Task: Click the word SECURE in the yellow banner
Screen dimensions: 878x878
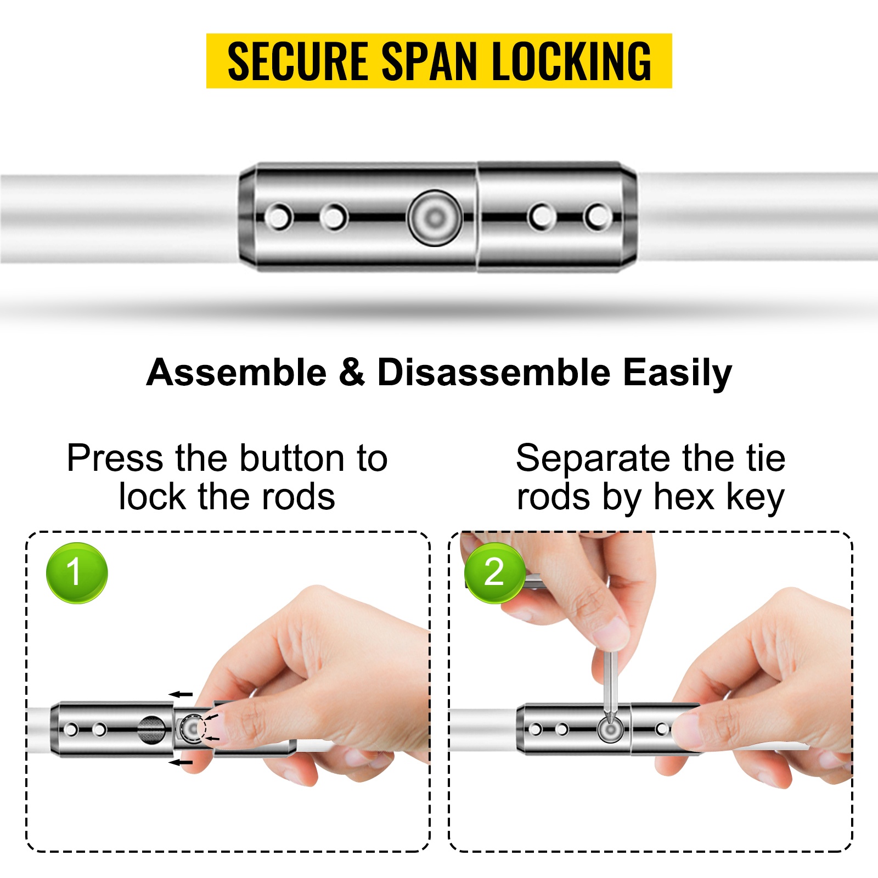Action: [x=297, y=61]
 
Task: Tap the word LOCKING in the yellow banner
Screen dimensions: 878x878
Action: [x=571, y=61]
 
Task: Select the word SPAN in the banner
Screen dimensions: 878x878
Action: [x=430, y=61]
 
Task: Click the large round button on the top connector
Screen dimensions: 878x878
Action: [x=435, y=217]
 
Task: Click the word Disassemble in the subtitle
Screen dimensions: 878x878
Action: [x=494, y=373]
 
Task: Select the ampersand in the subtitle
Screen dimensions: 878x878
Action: [x=352, y=373]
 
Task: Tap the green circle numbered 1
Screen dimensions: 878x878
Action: [x=77, y=572]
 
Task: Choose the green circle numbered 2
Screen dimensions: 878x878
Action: [x=494, y=572]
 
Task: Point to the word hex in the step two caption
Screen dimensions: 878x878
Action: [x=684, y=497]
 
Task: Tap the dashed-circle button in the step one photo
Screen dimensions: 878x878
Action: [x=193, y=729]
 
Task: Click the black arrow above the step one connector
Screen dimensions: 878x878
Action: [x=181, y=694]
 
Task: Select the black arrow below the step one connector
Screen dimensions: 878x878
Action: [x=181, y=762]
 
